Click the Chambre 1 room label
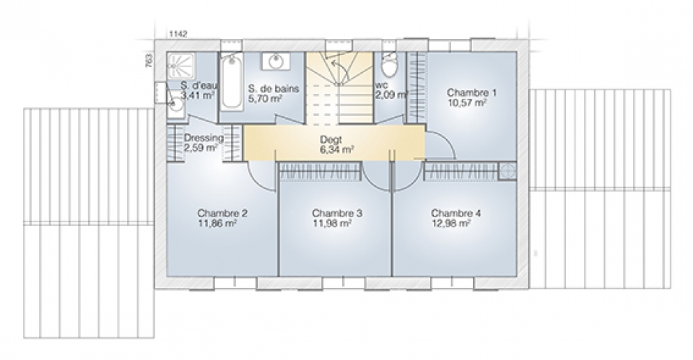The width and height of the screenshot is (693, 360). pos(471,93)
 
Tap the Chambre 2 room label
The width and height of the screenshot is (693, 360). pos(222,214)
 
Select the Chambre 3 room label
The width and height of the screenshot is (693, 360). pos(337,214)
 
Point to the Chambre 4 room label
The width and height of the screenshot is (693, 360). pos(456,214)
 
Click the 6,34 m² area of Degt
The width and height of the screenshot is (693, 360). pos(336,150)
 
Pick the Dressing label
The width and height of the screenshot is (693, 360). pos(204,138)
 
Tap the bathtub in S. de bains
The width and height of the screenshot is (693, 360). pos(232,82)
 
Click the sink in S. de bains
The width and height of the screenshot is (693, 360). pos(276,61)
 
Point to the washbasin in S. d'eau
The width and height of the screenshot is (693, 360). pos(176,102)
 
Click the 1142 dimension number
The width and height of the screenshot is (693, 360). pos(178,34)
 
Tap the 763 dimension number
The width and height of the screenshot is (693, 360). pos(149,60)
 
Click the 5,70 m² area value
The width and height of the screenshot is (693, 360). pos(265,99)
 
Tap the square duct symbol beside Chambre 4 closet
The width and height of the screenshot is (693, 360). pos(507,171)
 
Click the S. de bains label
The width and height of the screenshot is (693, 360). pos(274,88)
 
